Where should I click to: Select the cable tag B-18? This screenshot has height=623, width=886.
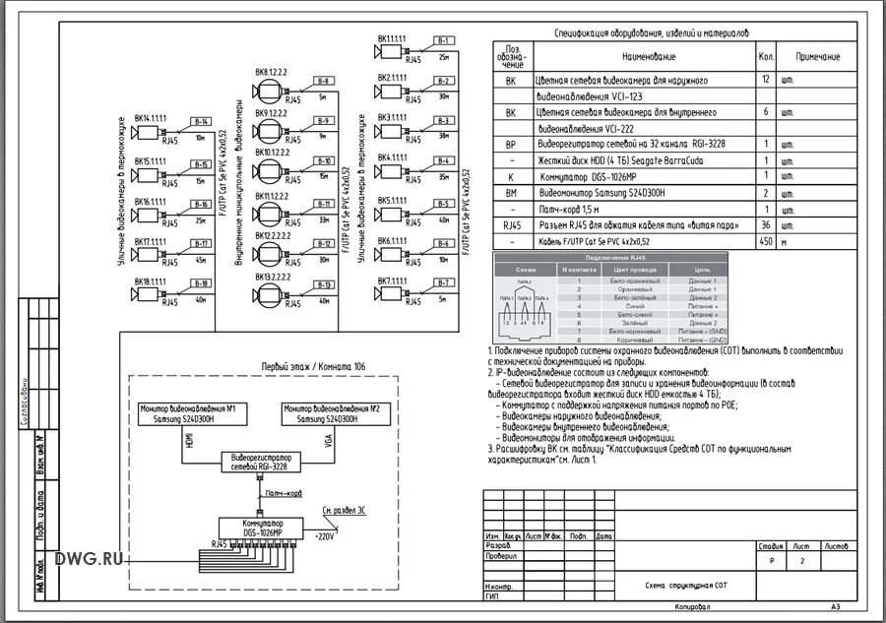click(201, 282)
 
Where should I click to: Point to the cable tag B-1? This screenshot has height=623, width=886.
click(443, 39)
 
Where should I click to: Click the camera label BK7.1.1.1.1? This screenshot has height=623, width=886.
click(392, 281)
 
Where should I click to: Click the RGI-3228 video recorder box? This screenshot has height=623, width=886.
click(257, 463)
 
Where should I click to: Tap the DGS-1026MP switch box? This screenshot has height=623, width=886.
click(258, 527)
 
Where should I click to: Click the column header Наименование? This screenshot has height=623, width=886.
click(644, 57)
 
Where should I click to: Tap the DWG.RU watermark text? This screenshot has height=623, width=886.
click(90, 559)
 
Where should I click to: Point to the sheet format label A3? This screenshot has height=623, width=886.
click(836, 607)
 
